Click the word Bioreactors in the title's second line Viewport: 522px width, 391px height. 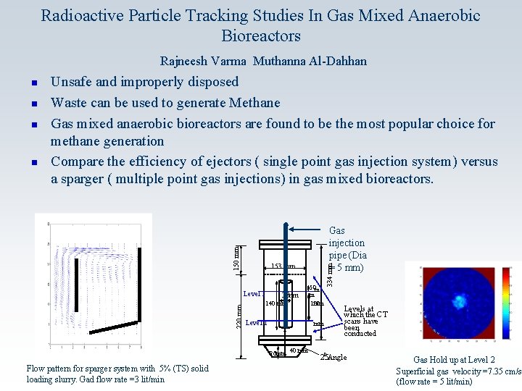pyautogui.click(x=261, y=35)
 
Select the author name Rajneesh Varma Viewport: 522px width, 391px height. pyautogui.click(x=203, y=62)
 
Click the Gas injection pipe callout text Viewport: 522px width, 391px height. pyautogui.click(x=347, y=249)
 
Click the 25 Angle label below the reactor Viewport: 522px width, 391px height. pyautogui.click(x=333, y=357)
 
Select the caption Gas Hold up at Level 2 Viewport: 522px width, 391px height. pyautogui.click(x=455, y=360)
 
